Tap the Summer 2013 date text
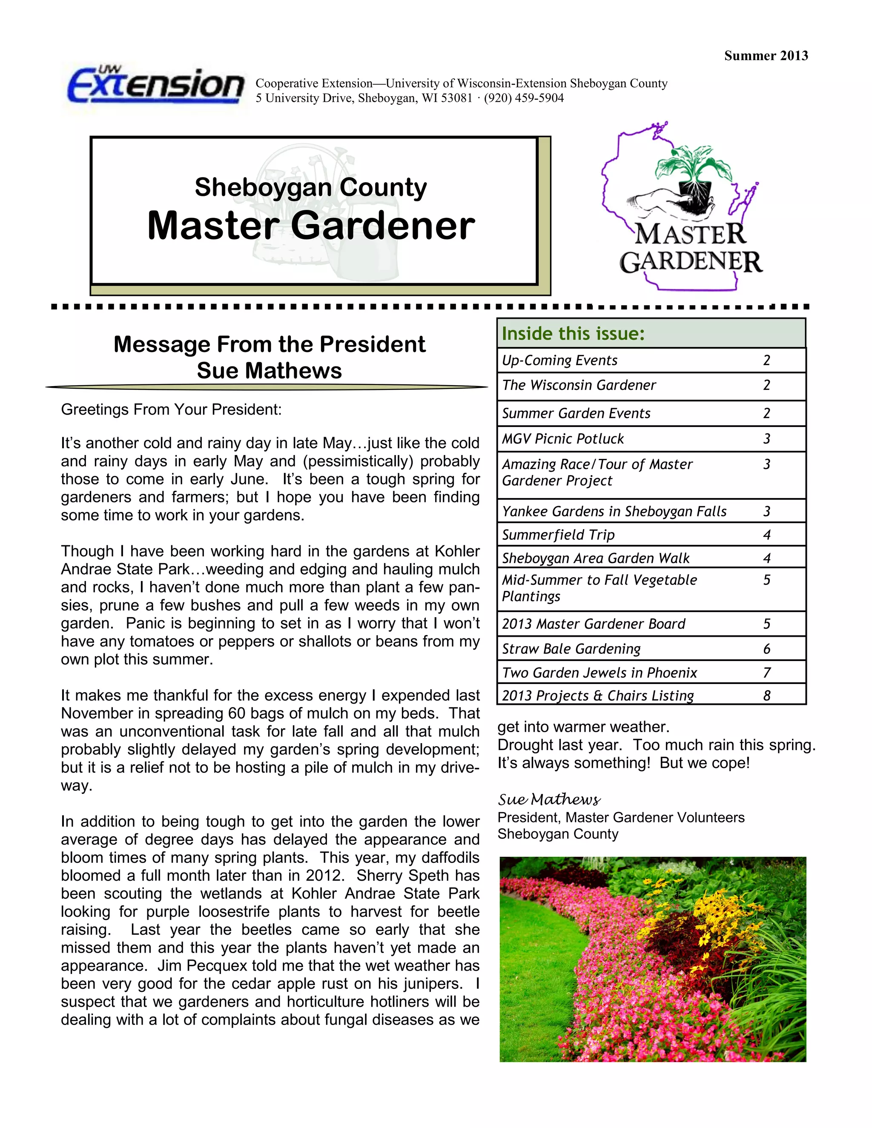[766, 56]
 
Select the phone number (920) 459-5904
[524, 98]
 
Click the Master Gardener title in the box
[311, 226]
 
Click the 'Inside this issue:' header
[574, 334]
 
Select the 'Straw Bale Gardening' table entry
[571, 649]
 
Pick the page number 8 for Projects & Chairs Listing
[766, 696]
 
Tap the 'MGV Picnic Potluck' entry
[563, 439]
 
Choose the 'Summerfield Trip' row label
[559, 535]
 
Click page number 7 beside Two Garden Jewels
[766, 673]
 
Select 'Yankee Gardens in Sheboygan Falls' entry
[614, 511]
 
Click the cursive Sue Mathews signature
[549, 799]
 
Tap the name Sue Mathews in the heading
[269, 371]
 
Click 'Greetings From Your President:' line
[172, 409]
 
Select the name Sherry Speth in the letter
[402, 876]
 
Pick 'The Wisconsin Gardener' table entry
[579, 385]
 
